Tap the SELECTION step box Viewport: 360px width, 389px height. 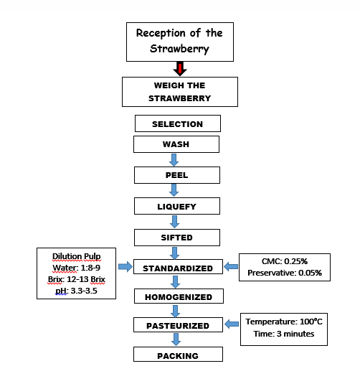[x=177, y=124]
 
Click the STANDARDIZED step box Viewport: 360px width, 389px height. [x=177, y=268]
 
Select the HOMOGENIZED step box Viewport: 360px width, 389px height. [x=177, y=296]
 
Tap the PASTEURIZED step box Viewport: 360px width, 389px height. [x=177, y=326]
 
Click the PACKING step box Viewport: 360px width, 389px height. [x=177, y=355]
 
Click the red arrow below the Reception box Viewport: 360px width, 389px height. [x=180, y=69]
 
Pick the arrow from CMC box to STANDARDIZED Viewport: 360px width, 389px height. [x=231, y=268]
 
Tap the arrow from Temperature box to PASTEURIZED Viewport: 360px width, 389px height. [x=232, y=325]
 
